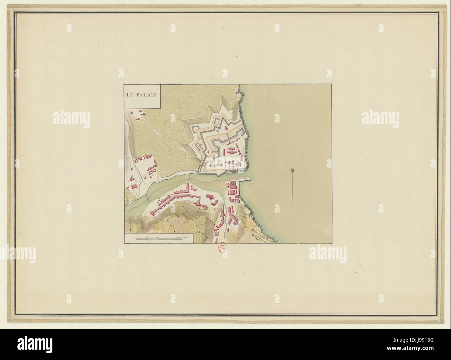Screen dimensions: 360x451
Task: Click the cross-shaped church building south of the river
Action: click(x=210, y=198)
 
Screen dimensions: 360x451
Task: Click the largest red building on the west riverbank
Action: click(x=146, y=158)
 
